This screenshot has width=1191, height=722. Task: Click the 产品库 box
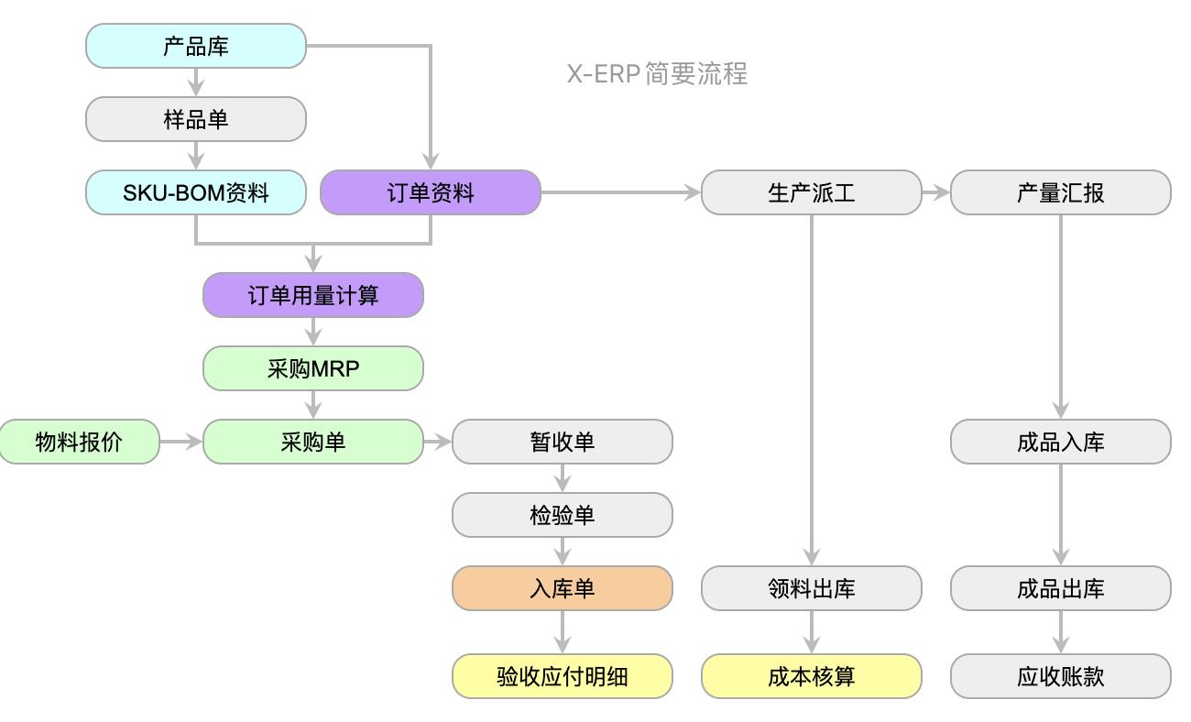pos(195,46)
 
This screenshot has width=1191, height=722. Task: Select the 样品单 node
pos(195,119)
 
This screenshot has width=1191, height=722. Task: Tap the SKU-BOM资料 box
pos(195,192)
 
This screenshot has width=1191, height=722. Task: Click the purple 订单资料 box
pos(430,192)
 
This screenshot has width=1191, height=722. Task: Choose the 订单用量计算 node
pos(312,295)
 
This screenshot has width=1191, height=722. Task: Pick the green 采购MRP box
pos(312,368)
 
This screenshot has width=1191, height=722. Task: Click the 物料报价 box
pos(79,442)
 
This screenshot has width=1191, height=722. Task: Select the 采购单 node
pos(312,442)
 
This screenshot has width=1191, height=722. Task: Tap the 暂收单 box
pos(562,442)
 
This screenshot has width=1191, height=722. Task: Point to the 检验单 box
pos(562,515)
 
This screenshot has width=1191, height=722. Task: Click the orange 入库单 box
pos(562,588)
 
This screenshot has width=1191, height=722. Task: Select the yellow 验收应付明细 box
pos(562,676)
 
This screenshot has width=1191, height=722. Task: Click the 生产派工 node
pos(811,192)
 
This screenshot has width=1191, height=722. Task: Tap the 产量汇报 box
pos(1060,192)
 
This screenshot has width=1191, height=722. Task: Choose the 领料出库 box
pos(811,588)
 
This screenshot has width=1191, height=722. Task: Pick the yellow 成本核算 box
pos(811,676)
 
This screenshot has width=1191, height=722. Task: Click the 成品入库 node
pos(1060,442)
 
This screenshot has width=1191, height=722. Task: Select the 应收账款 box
pos(1060,676)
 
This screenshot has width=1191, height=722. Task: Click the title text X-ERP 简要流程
pos(657,73)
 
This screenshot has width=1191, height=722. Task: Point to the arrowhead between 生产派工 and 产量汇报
pos(941,192)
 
